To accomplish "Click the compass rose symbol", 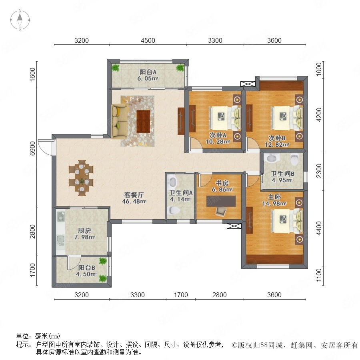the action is pos(20,20).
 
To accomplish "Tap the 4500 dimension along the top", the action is pos(148,40).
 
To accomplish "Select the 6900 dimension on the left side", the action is pos(33,148).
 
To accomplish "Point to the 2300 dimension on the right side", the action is pos(319,170).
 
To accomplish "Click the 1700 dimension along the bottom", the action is pos(181,295).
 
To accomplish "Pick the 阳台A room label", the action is pos(148,72).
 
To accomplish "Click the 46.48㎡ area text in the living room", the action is pos(134,201).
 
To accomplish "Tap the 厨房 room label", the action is pos(84,230).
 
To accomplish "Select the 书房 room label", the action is pos(222,183).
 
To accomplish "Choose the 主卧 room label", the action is pos(274,197).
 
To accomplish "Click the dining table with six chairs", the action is pos(81,178).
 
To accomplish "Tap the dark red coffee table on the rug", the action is pos(144,122).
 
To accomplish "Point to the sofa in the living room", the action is pos(120,122).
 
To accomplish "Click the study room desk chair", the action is pos(221,211).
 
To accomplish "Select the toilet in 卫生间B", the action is pos(294,159).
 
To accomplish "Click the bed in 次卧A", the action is pos(225,118).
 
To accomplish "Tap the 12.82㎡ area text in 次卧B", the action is pos(277,145).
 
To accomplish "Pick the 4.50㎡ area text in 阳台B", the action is pos(86,274).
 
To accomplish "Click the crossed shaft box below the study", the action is pos(234,226).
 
